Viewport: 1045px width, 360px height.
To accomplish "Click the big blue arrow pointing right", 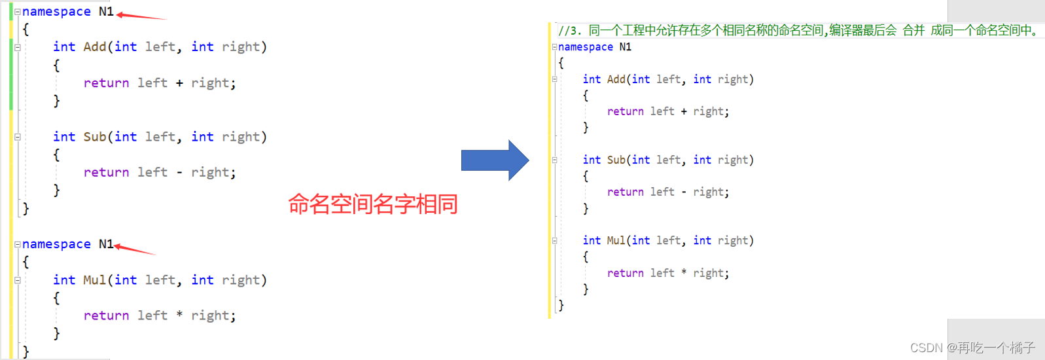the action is point(494,160).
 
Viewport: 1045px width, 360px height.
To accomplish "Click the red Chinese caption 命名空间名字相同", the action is point(372,204).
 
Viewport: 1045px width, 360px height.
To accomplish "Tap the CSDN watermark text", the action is point(972,348).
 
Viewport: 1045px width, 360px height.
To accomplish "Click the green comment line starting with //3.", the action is point(798,30).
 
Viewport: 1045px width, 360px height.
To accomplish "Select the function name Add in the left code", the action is point(95,46).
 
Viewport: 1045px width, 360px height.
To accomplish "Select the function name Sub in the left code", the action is point(95,137).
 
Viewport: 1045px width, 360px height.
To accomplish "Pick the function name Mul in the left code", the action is point(95,280).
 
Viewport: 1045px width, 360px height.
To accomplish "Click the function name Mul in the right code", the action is point(616,241).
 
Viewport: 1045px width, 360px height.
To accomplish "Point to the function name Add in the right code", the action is point(616,79).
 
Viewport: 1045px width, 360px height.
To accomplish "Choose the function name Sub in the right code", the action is point(616,160).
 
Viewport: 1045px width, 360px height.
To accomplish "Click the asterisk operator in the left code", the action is point(179,315).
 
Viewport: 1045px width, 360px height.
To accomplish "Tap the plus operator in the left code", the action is point(179,83).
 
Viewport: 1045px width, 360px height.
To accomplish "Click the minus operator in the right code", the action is point(684,192).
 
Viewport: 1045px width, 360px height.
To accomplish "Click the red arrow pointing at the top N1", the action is point(140,16).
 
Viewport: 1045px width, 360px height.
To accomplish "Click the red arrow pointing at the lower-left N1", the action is point(134,249).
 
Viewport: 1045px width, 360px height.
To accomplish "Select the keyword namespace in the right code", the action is point(586,47).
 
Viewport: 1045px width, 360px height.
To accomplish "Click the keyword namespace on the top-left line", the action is point(56,12).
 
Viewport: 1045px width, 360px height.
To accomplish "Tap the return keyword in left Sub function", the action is point(106,172).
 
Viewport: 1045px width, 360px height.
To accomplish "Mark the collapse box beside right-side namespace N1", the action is point(554,47).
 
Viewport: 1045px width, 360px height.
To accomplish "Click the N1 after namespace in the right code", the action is point(625,47).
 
